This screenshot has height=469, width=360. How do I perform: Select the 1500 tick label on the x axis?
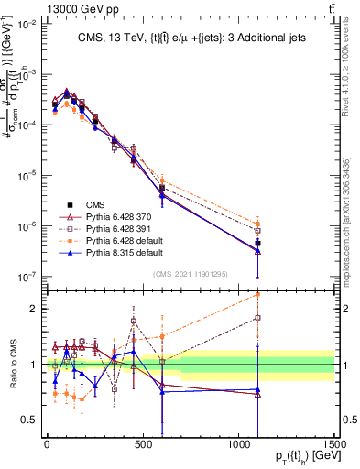point(333,444)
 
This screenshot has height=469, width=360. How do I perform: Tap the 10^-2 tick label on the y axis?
point(27,25)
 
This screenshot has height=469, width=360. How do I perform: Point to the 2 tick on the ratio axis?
point(33,309)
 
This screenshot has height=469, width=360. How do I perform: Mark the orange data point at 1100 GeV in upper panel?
point(258,224)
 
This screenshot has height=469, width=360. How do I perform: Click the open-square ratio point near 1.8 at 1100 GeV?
point(258,318)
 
